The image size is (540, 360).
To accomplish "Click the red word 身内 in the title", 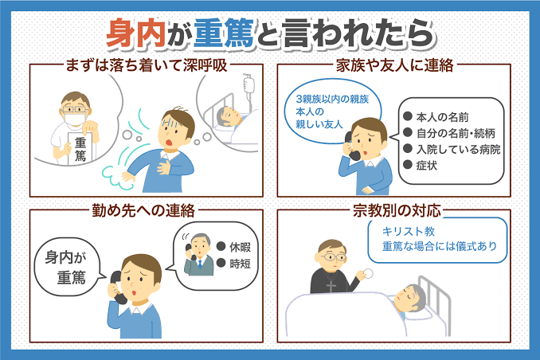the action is tap(137, 33).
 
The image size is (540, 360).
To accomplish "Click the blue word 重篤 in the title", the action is tap(224, 33).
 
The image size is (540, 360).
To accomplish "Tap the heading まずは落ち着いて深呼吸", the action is tap(147, 65).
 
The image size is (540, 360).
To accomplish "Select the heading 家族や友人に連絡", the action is tap(395, 65).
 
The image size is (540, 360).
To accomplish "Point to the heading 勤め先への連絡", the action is tap(143, 210).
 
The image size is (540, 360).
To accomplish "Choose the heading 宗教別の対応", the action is tap(397, 210).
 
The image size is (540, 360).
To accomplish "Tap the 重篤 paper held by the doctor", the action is tap(80, 149).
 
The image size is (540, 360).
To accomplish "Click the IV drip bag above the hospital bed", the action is tap(249, 84).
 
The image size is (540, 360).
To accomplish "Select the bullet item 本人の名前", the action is tap(443, 117).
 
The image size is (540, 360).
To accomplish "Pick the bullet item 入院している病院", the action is tap(459, 150).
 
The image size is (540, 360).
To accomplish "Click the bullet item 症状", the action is tap(427, 166).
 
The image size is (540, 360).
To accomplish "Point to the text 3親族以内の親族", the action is tap(332, 100).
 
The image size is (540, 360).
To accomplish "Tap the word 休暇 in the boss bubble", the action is tap(240, 247).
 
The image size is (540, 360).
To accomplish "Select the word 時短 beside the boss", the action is tap(240, 264).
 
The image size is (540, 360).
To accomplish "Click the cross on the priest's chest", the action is tap(331, 286).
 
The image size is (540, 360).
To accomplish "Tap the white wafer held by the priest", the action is tap(368, 273).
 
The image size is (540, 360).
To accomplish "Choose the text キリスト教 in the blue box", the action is tap(409, 231).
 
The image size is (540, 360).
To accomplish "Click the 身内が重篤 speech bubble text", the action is tap(66, 267).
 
